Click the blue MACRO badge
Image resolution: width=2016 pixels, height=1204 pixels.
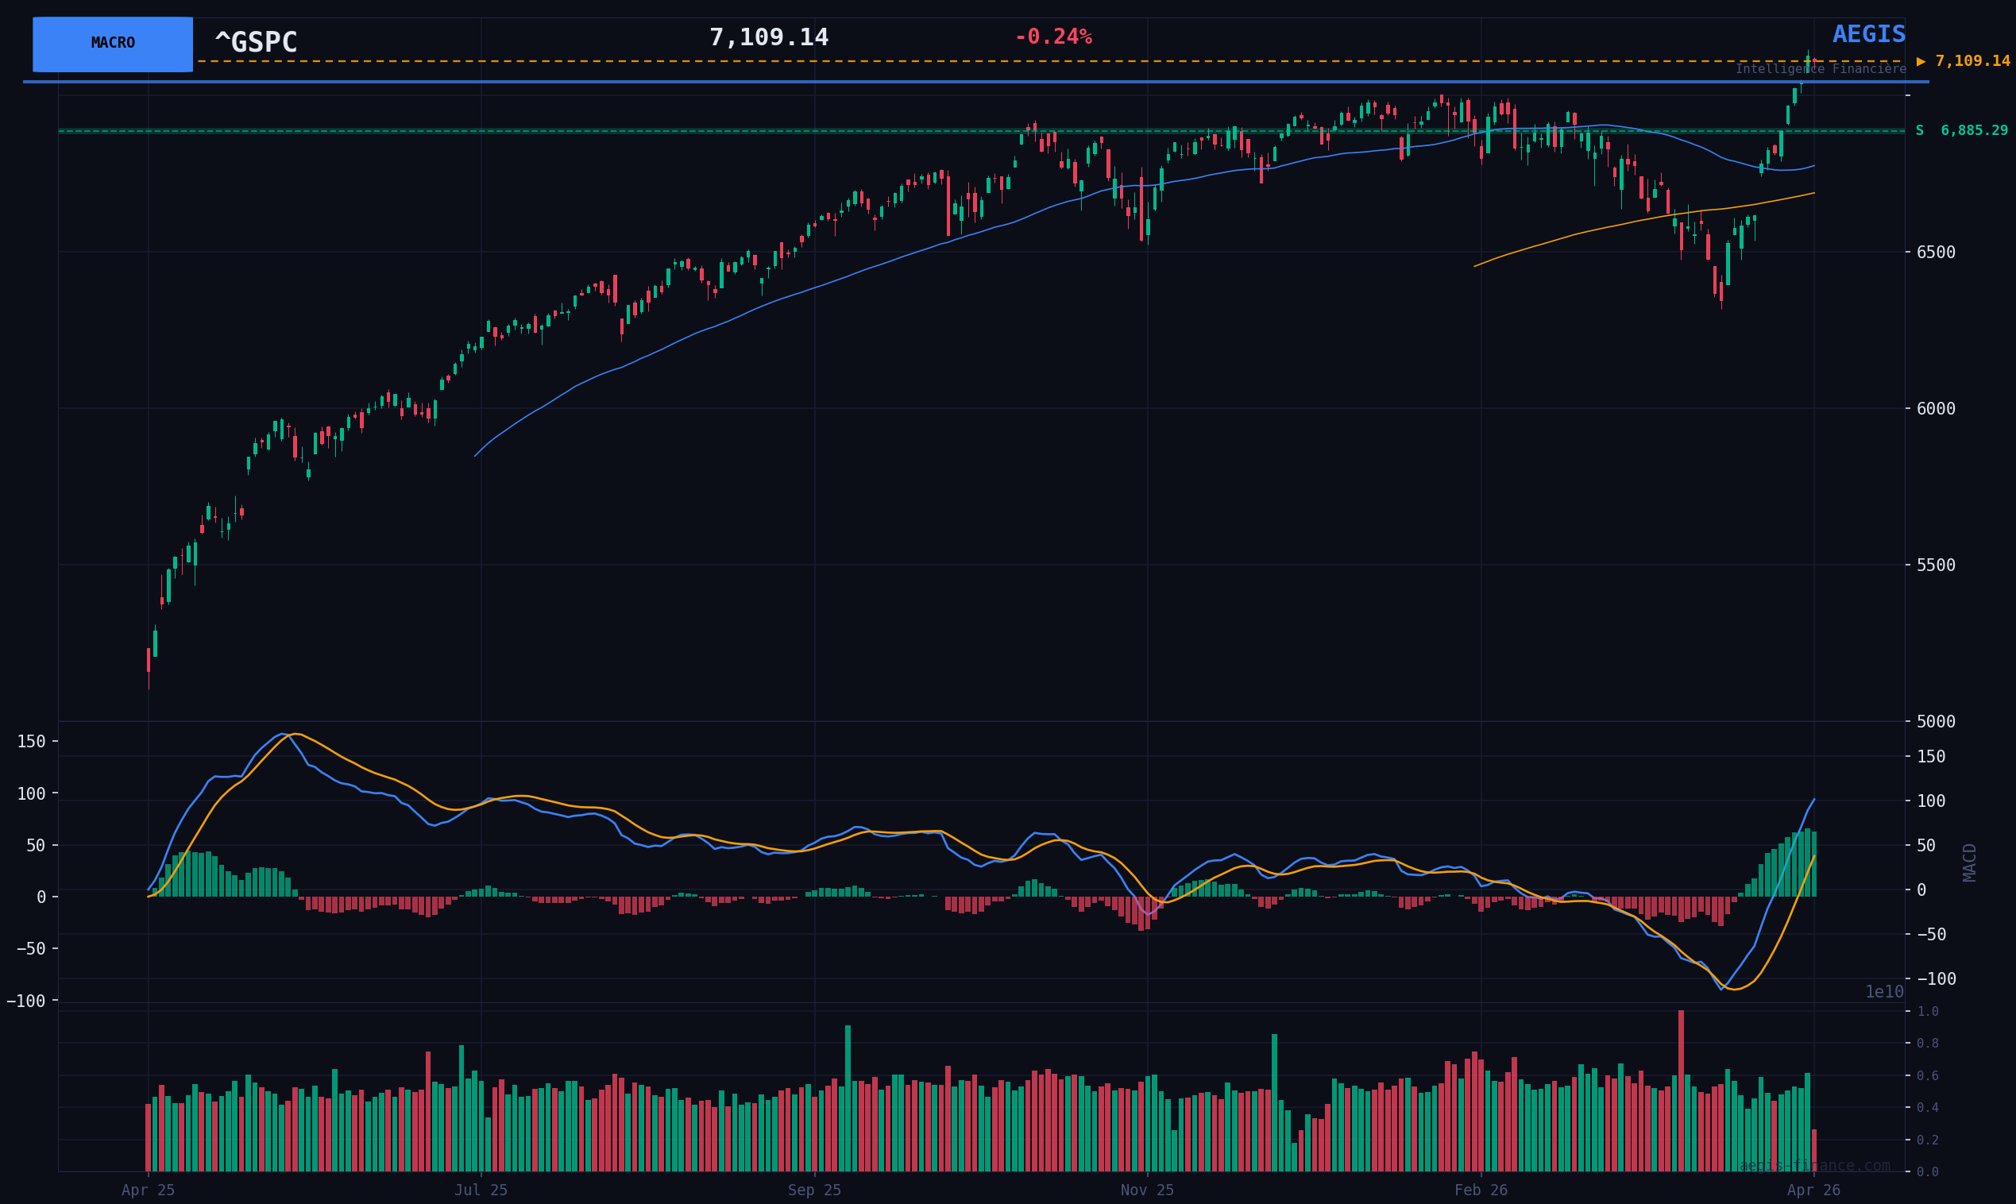[x=113, y=44]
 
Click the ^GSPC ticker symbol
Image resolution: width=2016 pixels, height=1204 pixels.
[x=256, y=42]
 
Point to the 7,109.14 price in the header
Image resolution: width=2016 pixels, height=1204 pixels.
[x=768, y=38]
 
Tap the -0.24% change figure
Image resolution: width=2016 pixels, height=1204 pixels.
[x=1052, y=37]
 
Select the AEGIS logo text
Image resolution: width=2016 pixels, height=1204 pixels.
[x=1868, y=35]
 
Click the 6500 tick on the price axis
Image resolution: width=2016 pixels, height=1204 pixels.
[x=1935, y=253]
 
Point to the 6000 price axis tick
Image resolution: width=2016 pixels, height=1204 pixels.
[x=1935, y=409]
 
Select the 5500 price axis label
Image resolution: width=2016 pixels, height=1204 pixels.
[x=1935, y=565]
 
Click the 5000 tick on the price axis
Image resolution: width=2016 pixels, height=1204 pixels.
[x=1935, y=721]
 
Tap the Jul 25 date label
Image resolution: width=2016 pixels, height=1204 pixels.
[x=481, y=1190]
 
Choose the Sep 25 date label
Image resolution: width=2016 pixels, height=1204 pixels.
[x=813, y=1190]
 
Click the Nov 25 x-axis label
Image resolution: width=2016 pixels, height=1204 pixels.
[x=1146, y=1190]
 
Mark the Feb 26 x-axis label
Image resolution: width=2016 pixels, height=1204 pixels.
[x=1481, y=1190]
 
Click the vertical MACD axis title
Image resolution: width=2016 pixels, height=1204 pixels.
[x=1970, y=862]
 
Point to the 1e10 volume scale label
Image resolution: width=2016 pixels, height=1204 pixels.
[x=1884, y=992]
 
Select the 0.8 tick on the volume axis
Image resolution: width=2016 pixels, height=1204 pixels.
[x=1928, y=1044]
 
